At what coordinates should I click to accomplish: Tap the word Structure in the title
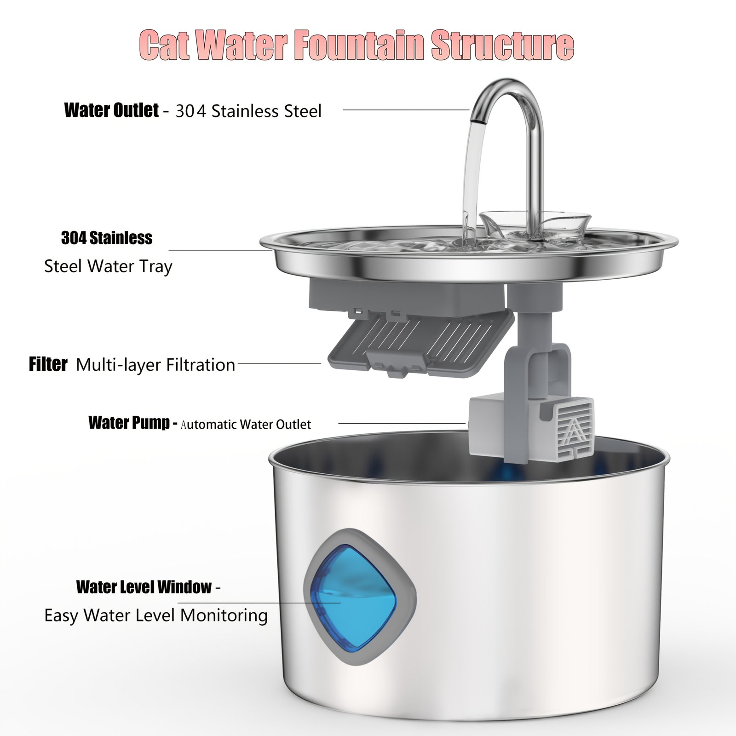[x=503, y=45]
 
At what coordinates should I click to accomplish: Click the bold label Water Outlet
[x=112, y=110]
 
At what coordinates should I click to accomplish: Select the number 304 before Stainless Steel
[x=191, y=111]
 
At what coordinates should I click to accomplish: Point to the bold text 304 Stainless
[x=107, y=238]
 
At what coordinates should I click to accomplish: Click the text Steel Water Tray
[x=108, y=266]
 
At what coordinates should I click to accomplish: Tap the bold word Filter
[x=48, y=364]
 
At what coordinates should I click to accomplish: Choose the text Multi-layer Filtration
[x=155, y=365]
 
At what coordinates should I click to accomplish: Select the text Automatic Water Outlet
[x=246, y=424]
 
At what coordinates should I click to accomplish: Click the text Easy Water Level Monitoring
[x=156, y=615]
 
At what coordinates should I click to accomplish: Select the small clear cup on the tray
[x=535, y=224]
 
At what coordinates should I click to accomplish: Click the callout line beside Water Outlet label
[x=406, y=110]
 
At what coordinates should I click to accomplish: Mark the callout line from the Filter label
[x=279, y=363]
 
